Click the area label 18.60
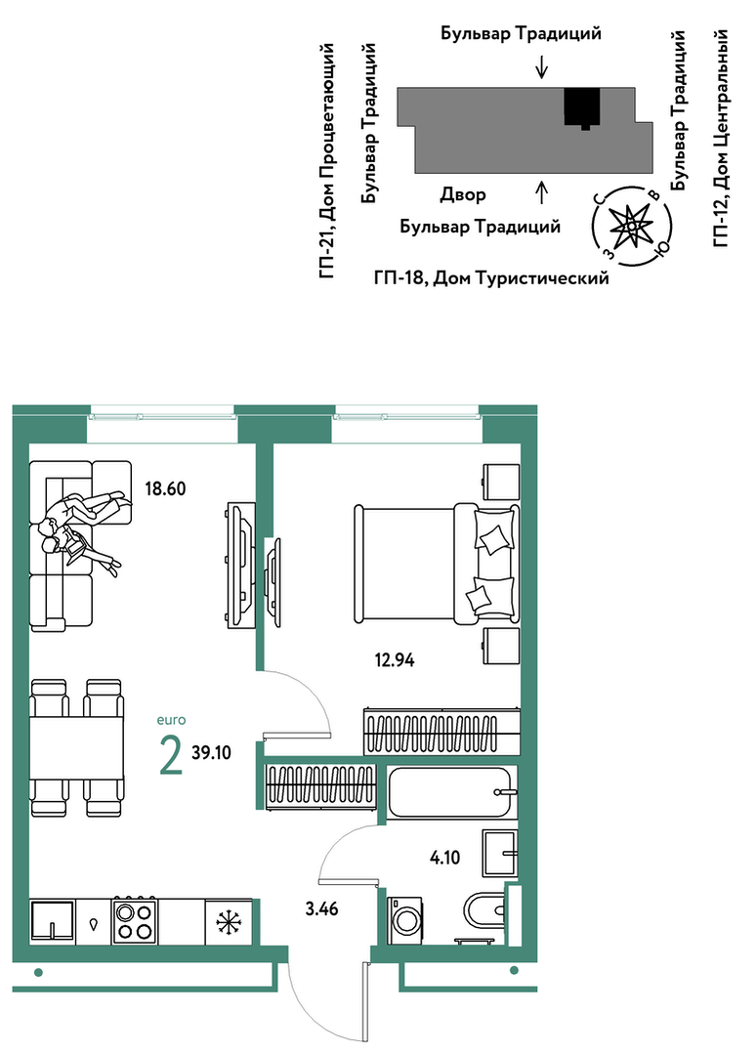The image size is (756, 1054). (165, 488)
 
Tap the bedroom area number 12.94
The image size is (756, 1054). (395, 660)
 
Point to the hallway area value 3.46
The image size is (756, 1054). (322, 909)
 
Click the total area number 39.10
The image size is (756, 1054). (212, 752)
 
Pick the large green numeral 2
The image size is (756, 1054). (171, 755)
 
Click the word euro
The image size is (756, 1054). (171, 720)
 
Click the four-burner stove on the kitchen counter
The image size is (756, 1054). (135, 921)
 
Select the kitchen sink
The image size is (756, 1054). (52, 921)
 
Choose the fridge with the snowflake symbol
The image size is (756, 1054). (229, 921)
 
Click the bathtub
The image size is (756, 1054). (451, 793)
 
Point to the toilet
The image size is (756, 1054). (483, 911)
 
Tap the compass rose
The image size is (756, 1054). (632, 225)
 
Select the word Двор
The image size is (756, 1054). (463, 195)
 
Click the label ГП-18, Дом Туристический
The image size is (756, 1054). (491, 277)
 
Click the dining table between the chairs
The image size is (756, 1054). (76, 747)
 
